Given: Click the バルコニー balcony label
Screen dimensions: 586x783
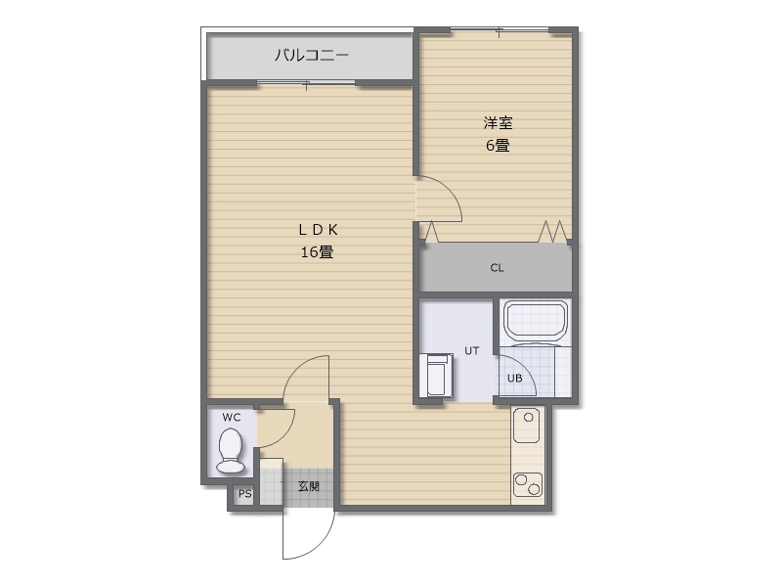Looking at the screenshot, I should [x=310, y=55].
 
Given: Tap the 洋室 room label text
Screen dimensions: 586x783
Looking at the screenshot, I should [x=498, y=123].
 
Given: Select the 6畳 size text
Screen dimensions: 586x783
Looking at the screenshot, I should [x=498, y=146].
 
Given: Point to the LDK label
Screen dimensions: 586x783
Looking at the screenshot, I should [x=318, y=229].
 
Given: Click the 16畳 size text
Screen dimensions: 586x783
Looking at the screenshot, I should [x=318, y=251].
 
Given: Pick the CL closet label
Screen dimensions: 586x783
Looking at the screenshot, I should [x=497, y=268].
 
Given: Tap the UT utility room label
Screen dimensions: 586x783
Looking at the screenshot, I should [x=471, y=350].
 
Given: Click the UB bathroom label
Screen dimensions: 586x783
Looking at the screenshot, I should [x=514, y=379].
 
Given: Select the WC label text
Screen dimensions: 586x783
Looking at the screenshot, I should [x=231, y=418].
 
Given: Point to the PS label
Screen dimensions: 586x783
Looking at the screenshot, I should [x=244, y=494].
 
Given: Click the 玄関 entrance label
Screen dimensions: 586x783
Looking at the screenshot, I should [x=308, y=486].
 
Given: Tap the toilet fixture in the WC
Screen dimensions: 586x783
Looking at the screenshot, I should [x=231, y=451].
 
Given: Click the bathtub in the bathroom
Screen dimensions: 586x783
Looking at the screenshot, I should [x=535, y=322].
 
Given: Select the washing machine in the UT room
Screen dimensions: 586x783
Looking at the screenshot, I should [x=437, y=375].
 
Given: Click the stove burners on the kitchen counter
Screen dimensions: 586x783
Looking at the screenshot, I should [x=528, y=483].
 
